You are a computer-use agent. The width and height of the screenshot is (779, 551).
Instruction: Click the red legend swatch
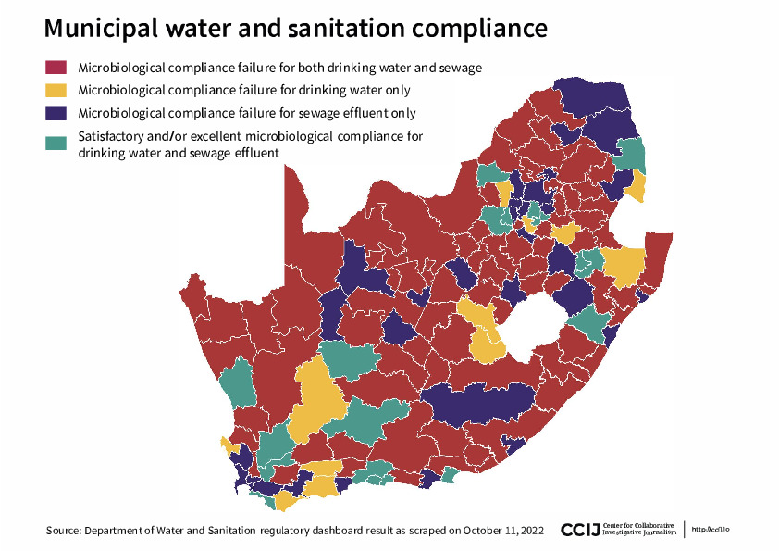coord(56,68)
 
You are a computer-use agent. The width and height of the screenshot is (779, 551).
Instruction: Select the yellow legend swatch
coord(56,90)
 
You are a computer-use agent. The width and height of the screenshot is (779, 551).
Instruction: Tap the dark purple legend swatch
coord(56,113)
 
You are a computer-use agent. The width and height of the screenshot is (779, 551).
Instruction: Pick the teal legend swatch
coord(56,144)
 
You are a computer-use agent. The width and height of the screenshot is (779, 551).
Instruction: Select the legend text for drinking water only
coord(244,90)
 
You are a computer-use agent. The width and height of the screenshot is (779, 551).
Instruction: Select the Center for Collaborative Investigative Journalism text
coord(638,529)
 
